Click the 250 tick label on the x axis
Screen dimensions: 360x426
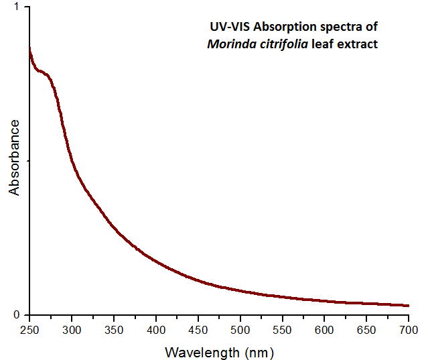pos(29,329)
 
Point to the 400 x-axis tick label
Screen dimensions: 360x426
pos(156,329)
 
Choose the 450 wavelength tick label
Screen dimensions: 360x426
pos(198,329)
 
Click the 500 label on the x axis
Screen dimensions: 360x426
pos(240,329)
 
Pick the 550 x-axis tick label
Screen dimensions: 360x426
pos(283,329)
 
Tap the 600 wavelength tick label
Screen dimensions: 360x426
pos(325,329)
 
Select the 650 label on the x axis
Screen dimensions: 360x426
pos(366,329)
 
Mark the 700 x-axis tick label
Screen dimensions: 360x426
pos(409,329)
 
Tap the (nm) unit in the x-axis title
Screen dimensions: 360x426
pos(259,352)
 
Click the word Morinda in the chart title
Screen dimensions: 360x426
pos(228,45)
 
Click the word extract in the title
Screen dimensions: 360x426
pos(359,45)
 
